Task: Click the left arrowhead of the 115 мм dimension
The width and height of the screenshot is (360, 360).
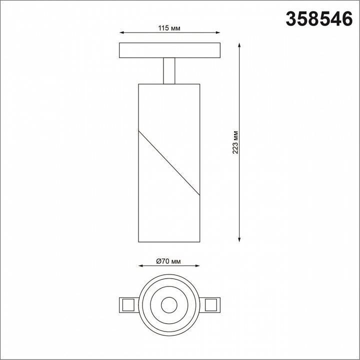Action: tap(121, 34)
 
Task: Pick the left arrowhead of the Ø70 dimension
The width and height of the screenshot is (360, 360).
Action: tap(140, 266)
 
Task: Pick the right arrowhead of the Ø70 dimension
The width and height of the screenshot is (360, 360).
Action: tap(197, 266)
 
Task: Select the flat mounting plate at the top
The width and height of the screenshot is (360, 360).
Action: tap(169, 51)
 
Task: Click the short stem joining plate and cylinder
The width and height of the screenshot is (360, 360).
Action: tap(169, 70)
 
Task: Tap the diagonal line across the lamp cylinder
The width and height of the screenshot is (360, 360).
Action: tap(169, 162)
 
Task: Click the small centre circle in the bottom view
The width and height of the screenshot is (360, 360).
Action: tap(169, 303)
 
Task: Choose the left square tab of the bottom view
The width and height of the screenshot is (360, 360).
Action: tap(126, 303)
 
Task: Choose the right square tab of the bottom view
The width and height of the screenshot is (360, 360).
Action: tap(211, 303)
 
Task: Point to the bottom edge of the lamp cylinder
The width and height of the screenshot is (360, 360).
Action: tap(169, 241)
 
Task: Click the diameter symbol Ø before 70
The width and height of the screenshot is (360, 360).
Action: tap(158, 261)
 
